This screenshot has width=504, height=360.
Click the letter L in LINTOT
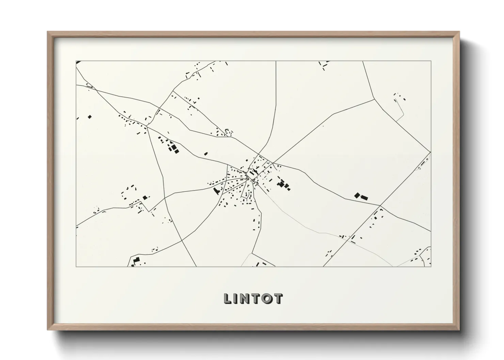coord(228,298)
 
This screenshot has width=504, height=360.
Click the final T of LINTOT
coord(278,298)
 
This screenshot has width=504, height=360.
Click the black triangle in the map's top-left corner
coord(78,62)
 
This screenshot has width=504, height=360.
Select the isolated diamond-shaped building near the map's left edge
coord(90,117)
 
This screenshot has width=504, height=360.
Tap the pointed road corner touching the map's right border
coord(430,152)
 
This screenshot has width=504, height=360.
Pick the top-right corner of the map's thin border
coord(431,61)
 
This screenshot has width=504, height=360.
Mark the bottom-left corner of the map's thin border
coord(76,266)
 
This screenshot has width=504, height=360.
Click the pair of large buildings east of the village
coord(361,196)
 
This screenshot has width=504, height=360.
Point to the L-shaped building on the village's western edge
coord(216,191)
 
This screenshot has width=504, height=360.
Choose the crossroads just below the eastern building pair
coord(380,206)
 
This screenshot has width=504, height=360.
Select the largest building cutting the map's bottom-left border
coord(136,262)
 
